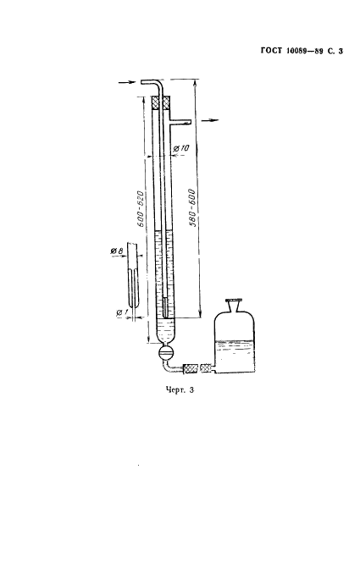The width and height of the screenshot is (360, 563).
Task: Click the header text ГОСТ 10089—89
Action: click(291, 52)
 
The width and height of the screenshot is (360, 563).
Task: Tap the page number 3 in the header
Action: click(341, 52)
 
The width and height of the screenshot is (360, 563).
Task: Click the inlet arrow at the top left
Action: click(127, 82)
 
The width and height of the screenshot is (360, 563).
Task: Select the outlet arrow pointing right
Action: click(210, 120)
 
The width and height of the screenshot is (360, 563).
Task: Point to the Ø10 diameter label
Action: click(182, 148)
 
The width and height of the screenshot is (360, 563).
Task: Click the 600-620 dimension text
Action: click(141, 208)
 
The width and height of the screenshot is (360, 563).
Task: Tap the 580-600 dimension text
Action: click(192, 208)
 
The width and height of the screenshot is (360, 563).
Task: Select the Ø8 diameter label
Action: click(117, 251)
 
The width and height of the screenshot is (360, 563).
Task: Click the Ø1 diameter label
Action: click(122, 313)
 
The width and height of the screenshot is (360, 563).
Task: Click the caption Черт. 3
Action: click(180, 389)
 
